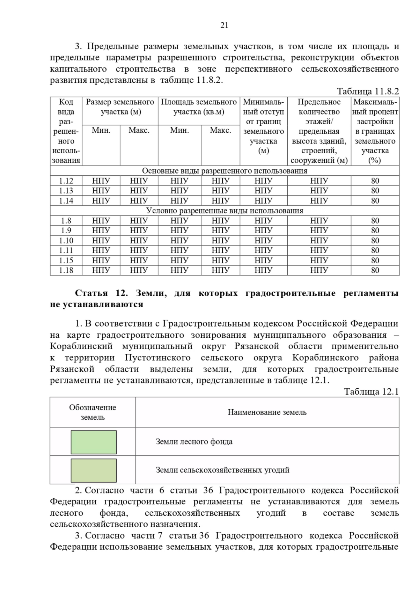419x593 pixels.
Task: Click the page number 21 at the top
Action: pyautogui.click(x=224, y=25)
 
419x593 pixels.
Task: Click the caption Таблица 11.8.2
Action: pyautogui.click(x=368, y=91)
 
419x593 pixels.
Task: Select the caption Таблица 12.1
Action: pyautogui.click(x=371, y=391)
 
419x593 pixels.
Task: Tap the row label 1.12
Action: pyautogui.click(x=66, y=181)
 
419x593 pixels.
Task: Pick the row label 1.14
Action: pyautogui.click(x=66, y=201)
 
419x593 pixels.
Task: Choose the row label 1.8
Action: pyautogui.click(x=66, y=221)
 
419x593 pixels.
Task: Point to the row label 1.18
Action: pyautogui.click(x=66, y=270)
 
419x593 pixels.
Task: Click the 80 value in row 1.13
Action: pyautogui.click(x=375, y=191)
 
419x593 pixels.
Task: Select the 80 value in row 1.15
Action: pyautogui.click(x=375, y=261)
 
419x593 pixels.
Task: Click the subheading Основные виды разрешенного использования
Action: pyautogui.click(x=225, y=171)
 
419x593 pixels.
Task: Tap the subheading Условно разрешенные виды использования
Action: pyautogui.click(x=225, y=211)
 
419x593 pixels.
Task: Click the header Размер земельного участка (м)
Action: pyautogui.click(x=120, y=107)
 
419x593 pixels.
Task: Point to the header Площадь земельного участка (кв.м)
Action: pyautogui.click(x=199, y=107)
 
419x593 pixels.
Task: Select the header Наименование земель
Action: pyautogui.click(x=267, y=412)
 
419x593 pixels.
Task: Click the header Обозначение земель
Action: pyautogui.click(x=93, y=412)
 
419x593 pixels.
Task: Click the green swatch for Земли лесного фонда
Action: pyautogui.click(x=94, y=442)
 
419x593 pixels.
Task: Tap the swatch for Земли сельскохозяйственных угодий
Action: pyautogui.click(x=94, y=470)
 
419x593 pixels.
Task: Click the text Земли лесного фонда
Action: pyautogui.click(x=194, y=442)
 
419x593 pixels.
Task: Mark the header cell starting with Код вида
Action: pyautogui.click(x=66, y=131)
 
